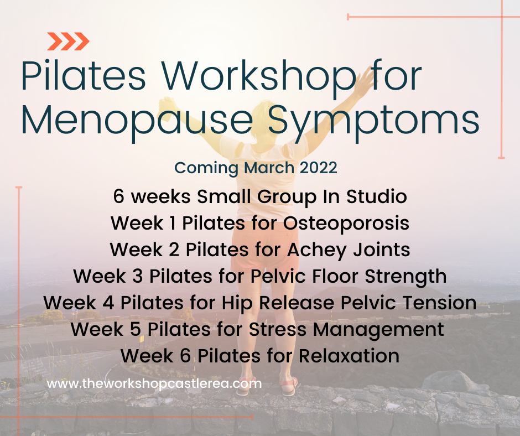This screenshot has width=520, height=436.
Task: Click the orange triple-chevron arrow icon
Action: [x=68, y=41]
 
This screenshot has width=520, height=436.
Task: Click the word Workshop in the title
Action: [x=258, y=76]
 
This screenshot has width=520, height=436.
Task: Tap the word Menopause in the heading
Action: [x=137, y=121]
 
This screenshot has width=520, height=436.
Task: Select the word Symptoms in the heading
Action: [x=373, y=121]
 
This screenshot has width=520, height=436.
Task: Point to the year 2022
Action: [x=319, y=168]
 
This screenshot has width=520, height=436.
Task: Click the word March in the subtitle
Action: [x=269, y=168]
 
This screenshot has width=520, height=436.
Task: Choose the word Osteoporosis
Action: [x=346, y=223]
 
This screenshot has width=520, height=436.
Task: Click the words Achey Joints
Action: [x=349, y=250]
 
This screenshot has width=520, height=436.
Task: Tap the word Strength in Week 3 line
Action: [x=405, y=276]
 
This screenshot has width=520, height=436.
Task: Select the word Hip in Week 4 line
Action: [x=237, y=303]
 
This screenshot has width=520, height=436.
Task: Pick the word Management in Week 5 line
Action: [x=378, y=329]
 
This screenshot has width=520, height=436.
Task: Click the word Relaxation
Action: [x=349, y=356]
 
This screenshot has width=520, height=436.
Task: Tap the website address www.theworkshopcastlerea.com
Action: [x=154, y=383]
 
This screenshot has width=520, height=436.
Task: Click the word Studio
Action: [x=377, y=196]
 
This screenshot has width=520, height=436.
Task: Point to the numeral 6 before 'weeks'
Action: [x=118, y=196]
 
